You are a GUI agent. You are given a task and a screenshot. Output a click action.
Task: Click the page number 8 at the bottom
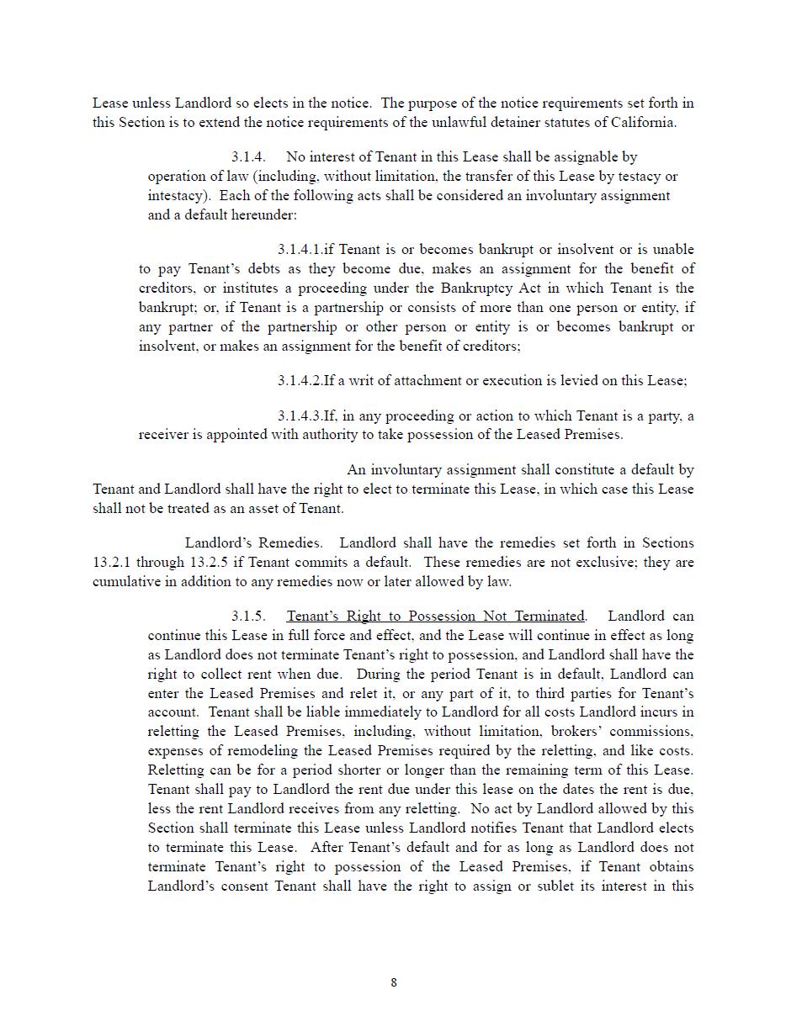coord(394,982)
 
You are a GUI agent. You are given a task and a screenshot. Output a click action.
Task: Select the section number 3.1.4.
coord(248,157)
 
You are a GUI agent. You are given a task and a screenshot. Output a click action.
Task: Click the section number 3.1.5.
coord(248,616)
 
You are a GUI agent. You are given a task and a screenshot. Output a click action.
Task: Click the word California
coord(645,123)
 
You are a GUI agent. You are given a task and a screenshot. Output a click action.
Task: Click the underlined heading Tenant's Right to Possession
coord(435,616)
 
